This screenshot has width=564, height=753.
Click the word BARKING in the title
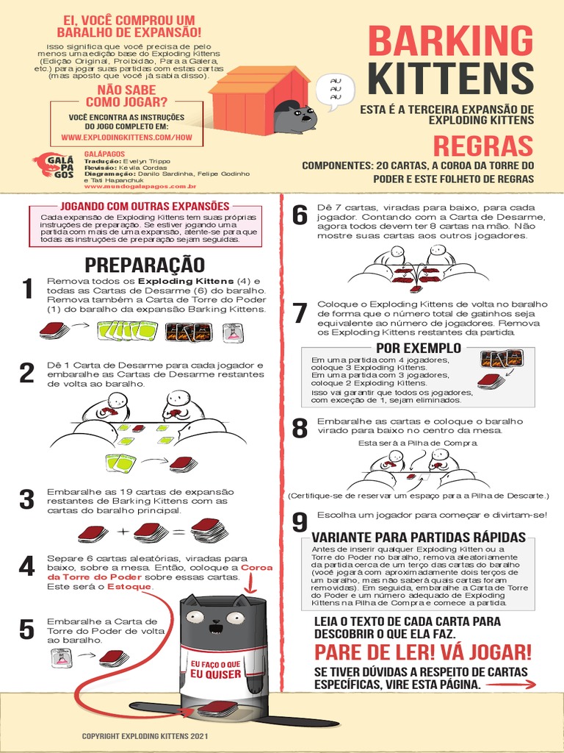point(449,40)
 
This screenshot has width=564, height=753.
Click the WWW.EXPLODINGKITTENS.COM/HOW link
point(126,138)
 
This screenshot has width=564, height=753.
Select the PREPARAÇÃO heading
point(145,265)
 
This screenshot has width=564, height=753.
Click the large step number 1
point(27,290)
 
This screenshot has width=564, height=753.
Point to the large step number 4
point(27,567)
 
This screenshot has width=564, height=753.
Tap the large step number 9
point(299,523)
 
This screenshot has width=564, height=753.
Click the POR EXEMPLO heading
point(419,347)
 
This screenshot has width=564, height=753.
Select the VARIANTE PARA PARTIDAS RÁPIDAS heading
point(419,537)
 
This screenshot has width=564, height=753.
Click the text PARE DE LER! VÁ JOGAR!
point(423,652)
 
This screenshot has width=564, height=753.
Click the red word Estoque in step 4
point(130,587)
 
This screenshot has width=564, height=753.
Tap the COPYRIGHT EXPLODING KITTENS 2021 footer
point(145,735)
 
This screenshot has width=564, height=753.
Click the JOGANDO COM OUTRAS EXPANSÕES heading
point(145,206)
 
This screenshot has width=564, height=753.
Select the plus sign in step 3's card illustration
point(122,531)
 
